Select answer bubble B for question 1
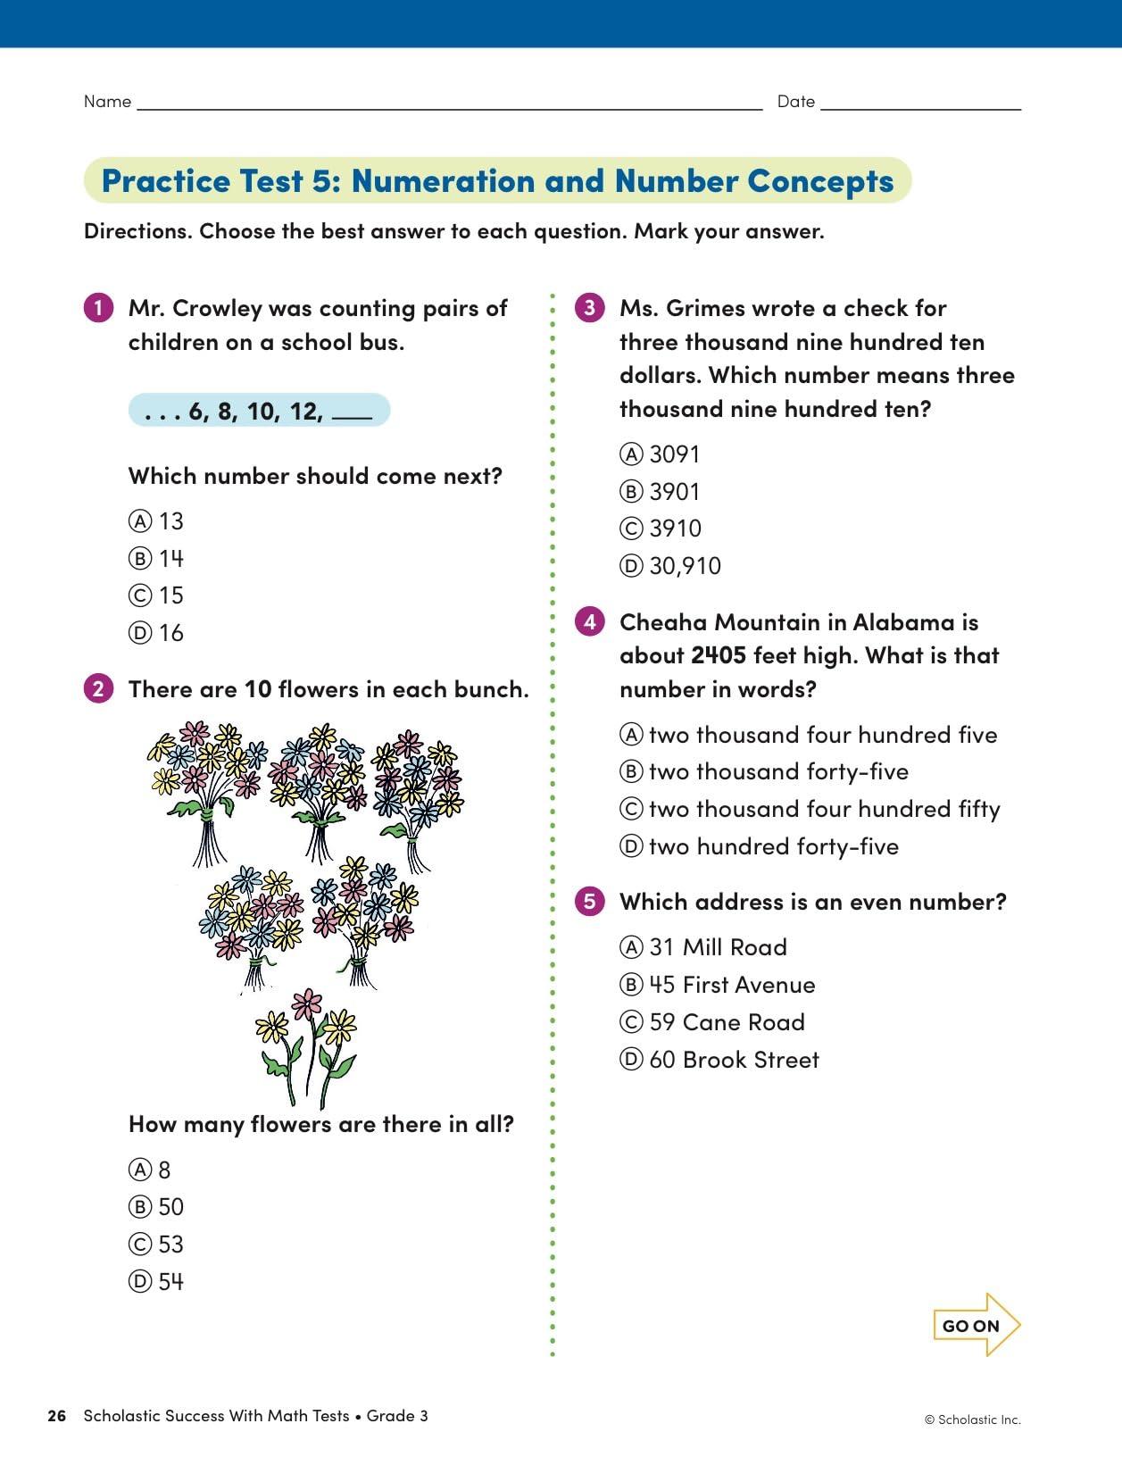(x=140, y=559)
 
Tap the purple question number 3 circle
(x=589, y=308)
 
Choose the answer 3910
(x=675, y=529)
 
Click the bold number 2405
(x=719, y=656)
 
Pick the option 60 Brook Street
(x=734, y=1060)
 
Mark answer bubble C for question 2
(x=140, y=1245)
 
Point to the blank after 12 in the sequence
(x=352, y=414)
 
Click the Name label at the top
(x=107, y=102)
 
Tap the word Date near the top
(x=795, y=102)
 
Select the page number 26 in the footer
(x=57, y=1416)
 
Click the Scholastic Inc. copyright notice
(x=972, y=1420)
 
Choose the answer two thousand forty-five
(x=778, y=771)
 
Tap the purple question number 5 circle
(x=589, y=902)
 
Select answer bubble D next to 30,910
(x=631, y=566)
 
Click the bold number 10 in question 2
(x=258, y=689)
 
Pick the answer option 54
(x=170, y=1282)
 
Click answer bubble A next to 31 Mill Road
(x=631, y=947)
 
